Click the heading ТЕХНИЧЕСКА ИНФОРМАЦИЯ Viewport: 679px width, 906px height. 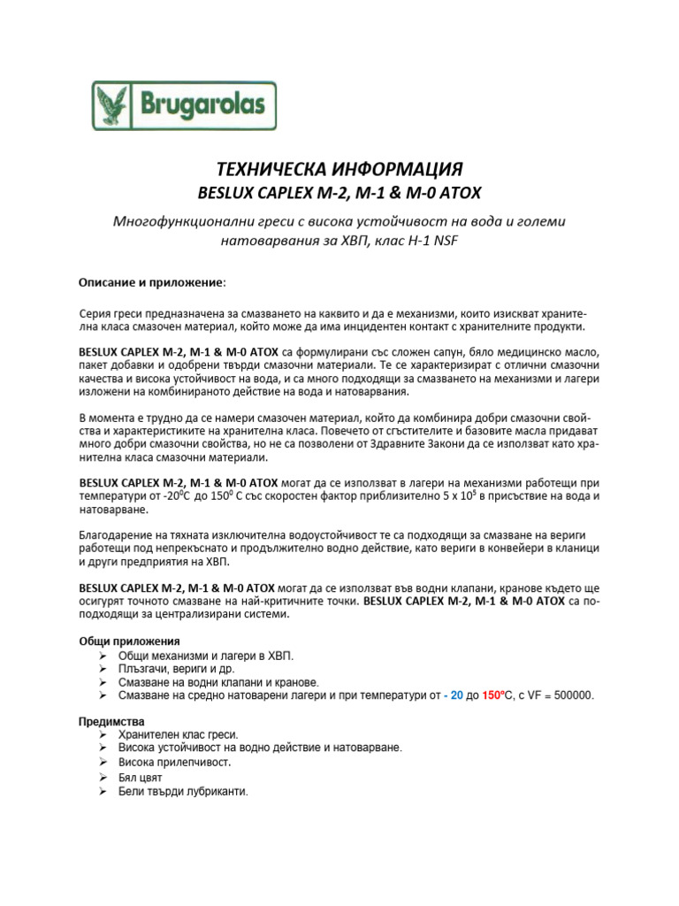[339, 168]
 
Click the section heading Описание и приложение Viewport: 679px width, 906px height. [151, 282]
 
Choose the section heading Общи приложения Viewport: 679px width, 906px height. [129, 640]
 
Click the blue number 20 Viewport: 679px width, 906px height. [457, 695]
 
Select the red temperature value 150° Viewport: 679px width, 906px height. [494, 695]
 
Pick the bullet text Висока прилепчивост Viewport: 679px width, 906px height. [174, 761]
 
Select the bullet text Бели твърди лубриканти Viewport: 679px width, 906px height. [183, 791]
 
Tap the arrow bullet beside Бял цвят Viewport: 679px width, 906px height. [104, 777]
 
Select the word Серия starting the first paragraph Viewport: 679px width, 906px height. [95, 313]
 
